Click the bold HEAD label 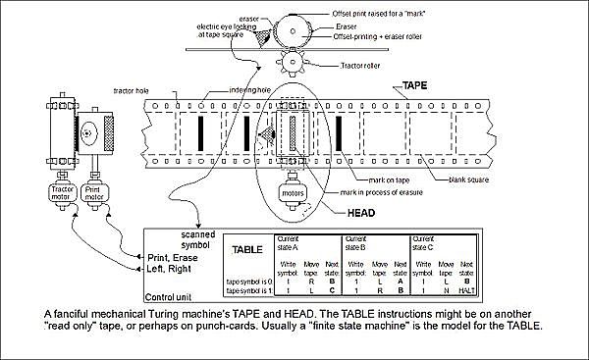365,211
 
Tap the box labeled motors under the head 294,194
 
